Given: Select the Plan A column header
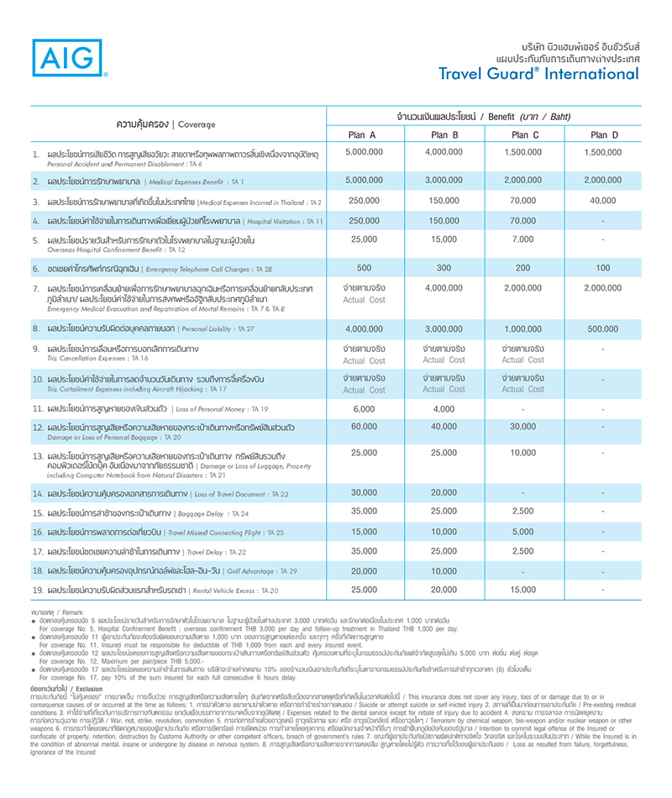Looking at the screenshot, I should click(x=365, y=134).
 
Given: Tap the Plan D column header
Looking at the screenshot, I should click(x=604, y=134).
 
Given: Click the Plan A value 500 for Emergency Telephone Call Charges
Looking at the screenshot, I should click(x=365, y=268).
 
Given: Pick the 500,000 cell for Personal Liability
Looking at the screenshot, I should click(x=604, y=328).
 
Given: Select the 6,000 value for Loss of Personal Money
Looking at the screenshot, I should click(x=365, y=408).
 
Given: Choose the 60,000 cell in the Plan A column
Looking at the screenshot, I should click(x=365, y=428).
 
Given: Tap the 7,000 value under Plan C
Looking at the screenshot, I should click(x=522, y=239).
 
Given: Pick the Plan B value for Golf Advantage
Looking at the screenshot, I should click(x=444, y=570).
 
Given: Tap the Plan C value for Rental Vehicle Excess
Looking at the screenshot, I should click(x=522, y=590).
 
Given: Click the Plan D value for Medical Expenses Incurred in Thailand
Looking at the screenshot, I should click(x=604, y=200).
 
